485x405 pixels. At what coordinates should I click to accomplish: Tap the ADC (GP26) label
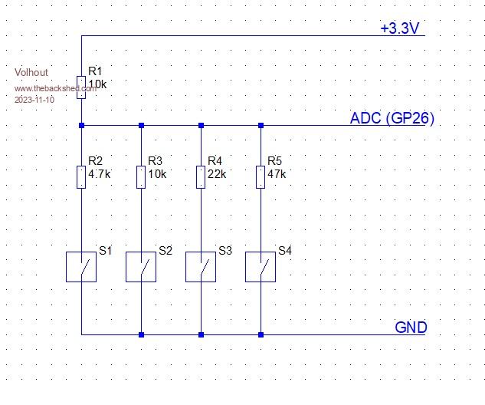coord(392,118)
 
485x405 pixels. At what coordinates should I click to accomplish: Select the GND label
coord(411,328)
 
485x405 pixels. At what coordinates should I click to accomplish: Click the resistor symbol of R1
coord(81,83)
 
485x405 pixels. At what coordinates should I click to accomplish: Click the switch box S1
coord(81,266)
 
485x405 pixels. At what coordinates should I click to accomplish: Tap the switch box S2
coord(141,266)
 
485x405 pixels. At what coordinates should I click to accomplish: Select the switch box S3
coord(201,266)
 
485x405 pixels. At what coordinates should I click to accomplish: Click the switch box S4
coord(261,266)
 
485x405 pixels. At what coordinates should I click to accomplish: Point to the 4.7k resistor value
coord(100,174)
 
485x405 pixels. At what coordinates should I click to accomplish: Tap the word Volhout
coord(31,73)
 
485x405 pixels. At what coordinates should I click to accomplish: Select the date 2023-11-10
coord(35,100)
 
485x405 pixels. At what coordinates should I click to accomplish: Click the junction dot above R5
coord(261,124)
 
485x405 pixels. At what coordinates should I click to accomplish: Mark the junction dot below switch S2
coord(141,334)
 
